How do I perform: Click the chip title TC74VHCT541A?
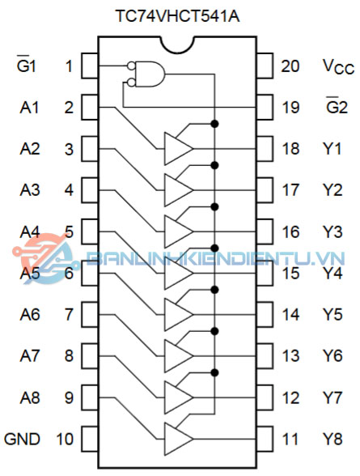click(177, 16)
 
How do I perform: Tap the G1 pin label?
click(27, 65)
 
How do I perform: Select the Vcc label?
click(338, 66)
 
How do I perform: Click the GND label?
click(22, 439)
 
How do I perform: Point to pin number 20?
click(290, 66)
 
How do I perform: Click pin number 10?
click(65, 439)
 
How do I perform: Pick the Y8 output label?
click(332, 439)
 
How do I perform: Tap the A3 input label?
click(30, 190)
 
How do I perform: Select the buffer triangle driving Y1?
click(178, 149)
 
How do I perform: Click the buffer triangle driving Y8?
click(178, 439)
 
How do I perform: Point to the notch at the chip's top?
click(177, 45)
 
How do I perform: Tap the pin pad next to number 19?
click(265, 107)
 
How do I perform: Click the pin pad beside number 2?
click(90, 107)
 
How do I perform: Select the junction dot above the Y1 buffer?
click(214, 124)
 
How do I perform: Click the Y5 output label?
click(332, 314)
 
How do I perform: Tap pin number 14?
click(290, 314)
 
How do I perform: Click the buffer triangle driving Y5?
click(178, 314)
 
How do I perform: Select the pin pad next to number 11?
click(265, 439)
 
